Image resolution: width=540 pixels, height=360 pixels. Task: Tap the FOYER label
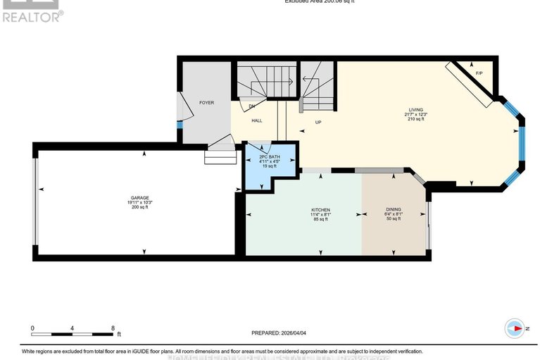[x=206, y=103]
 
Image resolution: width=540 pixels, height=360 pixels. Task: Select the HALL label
[x=258, y=121]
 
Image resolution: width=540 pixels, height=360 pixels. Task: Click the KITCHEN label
[x=321, y=210]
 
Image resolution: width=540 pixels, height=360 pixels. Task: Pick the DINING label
[x=393, y=210]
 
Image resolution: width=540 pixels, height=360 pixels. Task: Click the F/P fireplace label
[x=479, y=73]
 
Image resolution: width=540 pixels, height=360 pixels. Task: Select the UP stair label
[x=318, y=122]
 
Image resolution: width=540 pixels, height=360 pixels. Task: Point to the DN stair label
[x=252, y=106]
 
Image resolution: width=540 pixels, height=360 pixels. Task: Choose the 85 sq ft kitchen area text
[x=321, y=219]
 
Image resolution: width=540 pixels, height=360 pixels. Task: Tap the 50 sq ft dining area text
[x=393, y=219]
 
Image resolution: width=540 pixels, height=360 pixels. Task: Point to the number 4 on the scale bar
[x=73, y=328]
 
